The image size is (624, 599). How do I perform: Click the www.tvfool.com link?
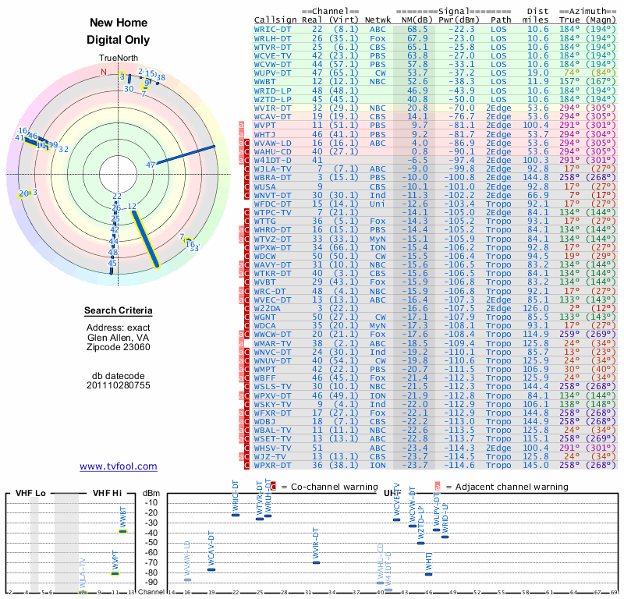click(x=119, y=466)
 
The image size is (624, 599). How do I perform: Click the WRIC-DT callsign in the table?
click(x=273, y=29)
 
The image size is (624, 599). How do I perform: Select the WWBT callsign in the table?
click(x=265, y=81)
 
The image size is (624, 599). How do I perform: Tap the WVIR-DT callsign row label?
click(x=273, y=108)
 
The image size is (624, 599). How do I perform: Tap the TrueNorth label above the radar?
click(x=118, y=58)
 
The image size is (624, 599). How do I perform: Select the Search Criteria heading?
click(x=119, y=311)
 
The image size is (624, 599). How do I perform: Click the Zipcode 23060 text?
click(x=119, y=347)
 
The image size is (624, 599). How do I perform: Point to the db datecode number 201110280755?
click(x=119, y=385)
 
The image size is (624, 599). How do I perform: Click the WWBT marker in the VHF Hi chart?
click(x=122, y=531)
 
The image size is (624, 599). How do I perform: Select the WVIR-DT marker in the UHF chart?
click(x=316, y=561)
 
